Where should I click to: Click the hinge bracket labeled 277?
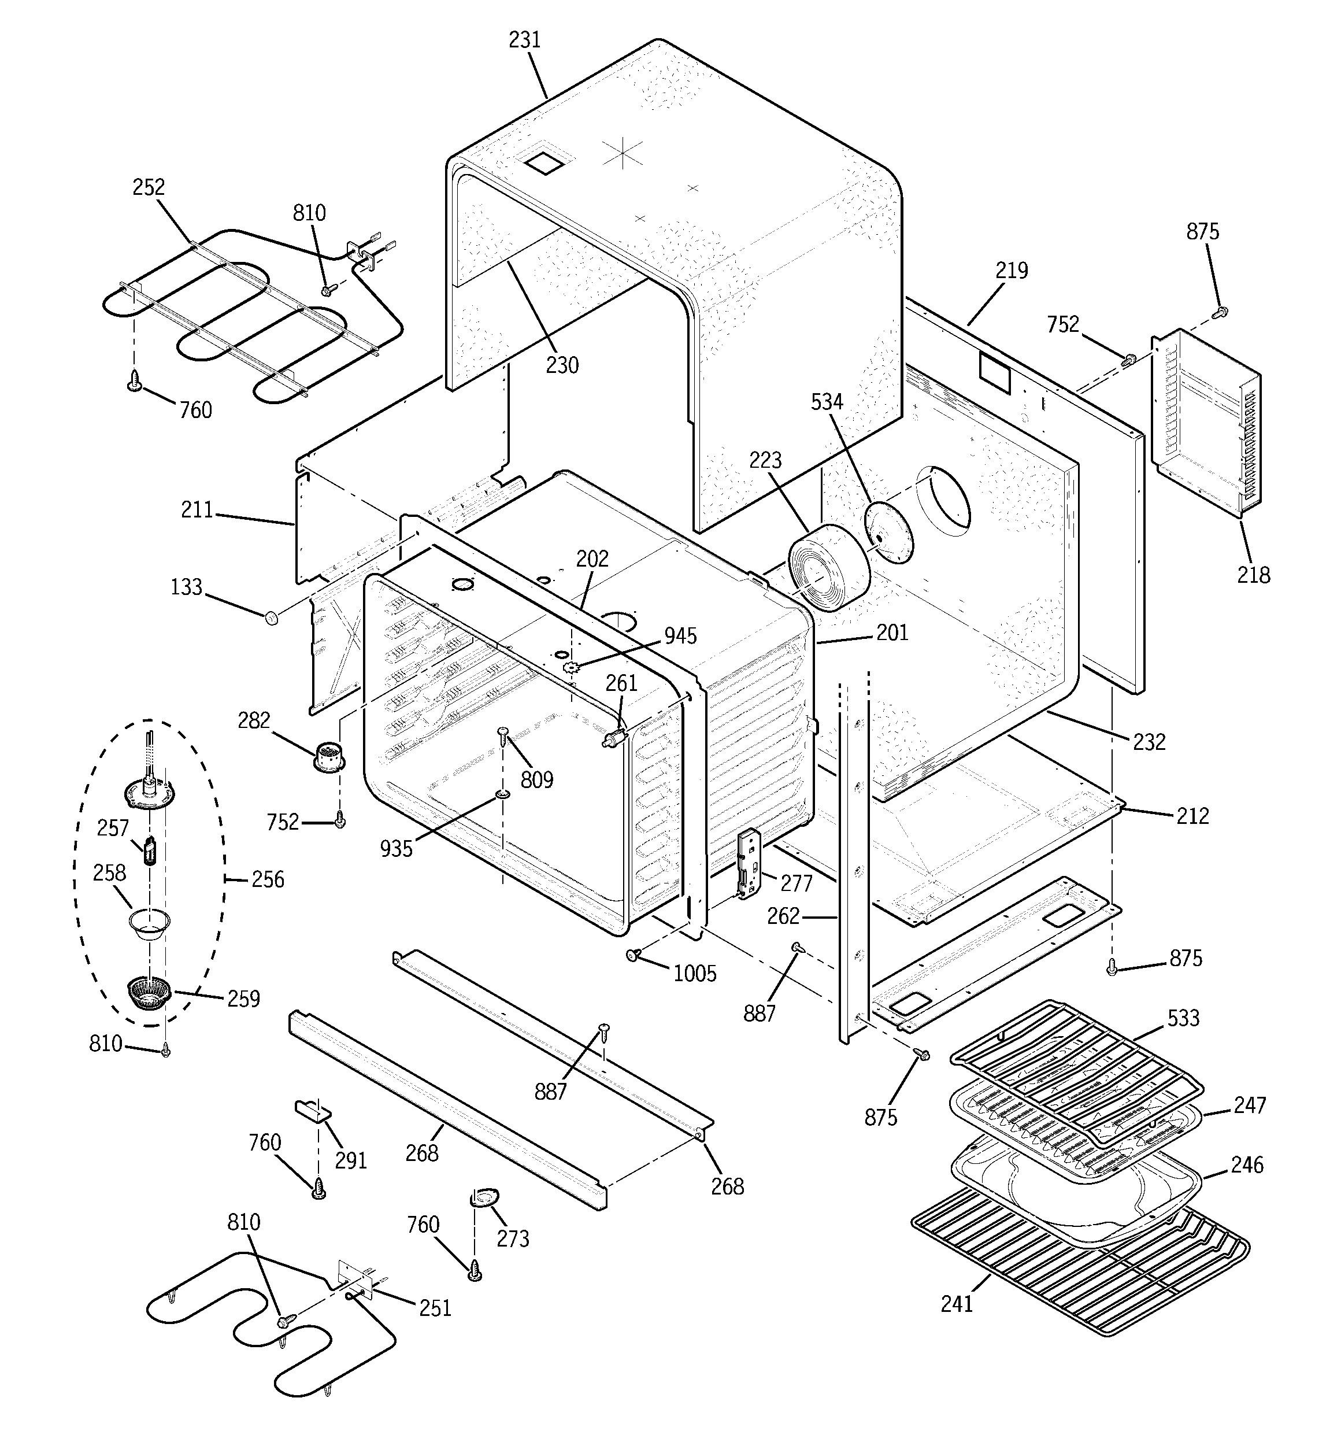(749, 864)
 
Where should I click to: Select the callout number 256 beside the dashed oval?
(267, 879)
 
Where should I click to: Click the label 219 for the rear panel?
(1012, 271)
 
